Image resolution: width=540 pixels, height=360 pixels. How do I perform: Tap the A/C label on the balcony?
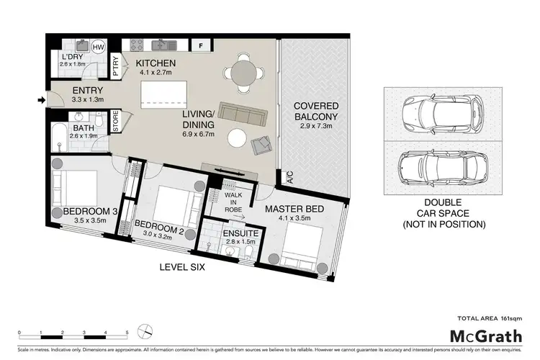point(289,178)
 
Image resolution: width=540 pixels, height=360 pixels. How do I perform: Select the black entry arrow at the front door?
point(40,102)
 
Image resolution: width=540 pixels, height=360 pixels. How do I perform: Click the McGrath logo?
point(477,336)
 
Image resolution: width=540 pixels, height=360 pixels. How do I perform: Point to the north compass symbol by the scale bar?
point(147,332)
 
